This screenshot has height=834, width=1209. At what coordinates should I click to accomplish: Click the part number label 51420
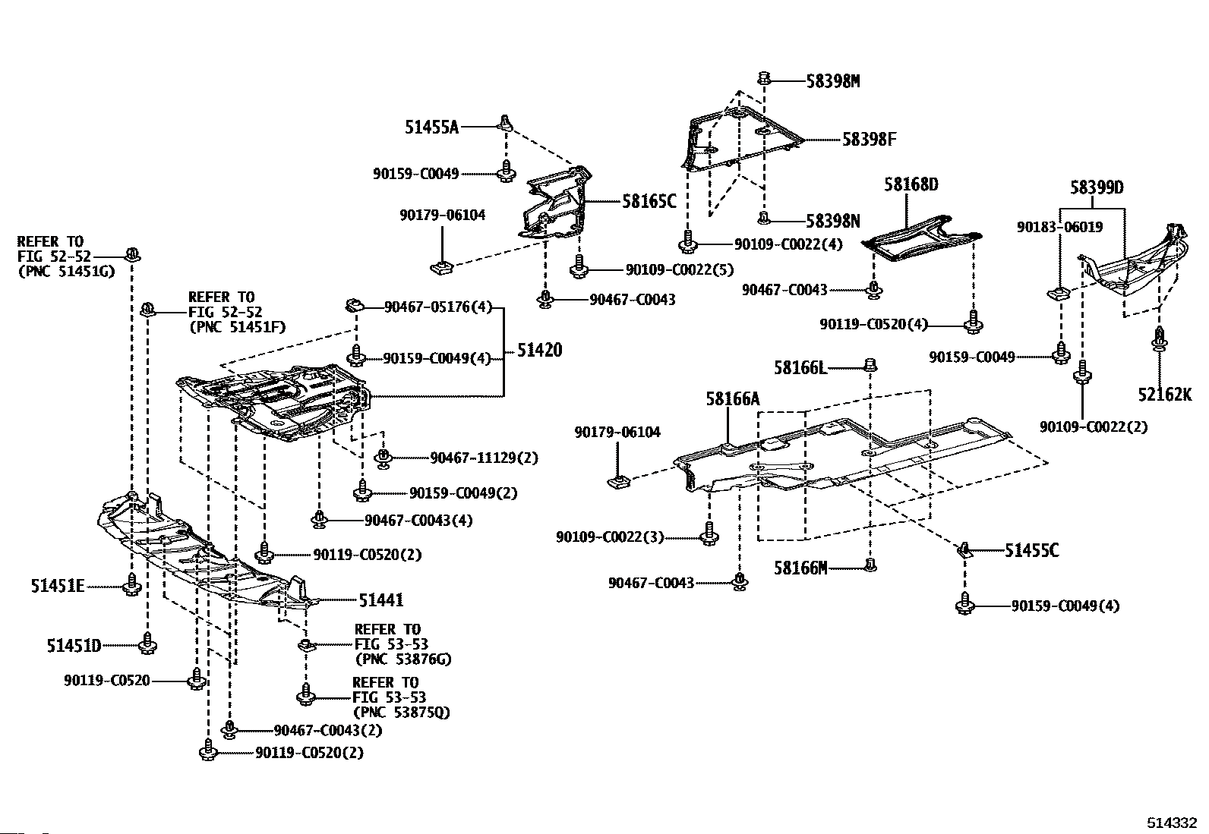coord(540,350)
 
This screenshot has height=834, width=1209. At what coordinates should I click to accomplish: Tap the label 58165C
coord(649,202)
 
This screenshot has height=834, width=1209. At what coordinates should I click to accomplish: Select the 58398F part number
coord(869,140)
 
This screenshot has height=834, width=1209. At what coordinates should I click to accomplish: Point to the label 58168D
coord(911,184)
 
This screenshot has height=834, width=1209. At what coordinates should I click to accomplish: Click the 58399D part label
coord(1097,187)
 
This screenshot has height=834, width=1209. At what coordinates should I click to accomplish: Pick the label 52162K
coord(1164,395)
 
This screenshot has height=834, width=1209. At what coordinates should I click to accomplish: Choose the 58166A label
coord(732,399)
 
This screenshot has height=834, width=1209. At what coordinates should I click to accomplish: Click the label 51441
coord(381,600)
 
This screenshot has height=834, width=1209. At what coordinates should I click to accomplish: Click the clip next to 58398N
coord(765,219)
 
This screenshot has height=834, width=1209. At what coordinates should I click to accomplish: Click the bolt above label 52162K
coord(1159,338)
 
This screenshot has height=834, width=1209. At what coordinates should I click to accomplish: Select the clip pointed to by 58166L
coord(870,367)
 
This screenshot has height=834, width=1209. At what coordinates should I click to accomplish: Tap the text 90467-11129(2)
coord(484,458)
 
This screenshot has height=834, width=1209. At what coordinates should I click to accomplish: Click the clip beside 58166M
coord(871,565)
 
